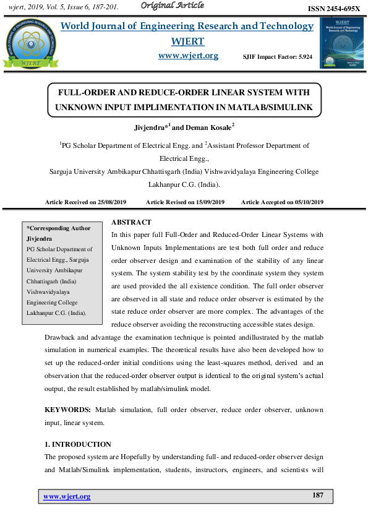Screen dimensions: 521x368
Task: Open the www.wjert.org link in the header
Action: click(x=188, y=56)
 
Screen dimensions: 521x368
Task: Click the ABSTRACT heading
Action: click(x=131, y=222)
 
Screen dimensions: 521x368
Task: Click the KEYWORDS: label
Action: click(x=68, y=410)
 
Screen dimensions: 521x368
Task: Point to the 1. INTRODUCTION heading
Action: click(x=78, y=444)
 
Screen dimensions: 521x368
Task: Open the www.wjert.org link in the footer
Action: click(x=67, y=496)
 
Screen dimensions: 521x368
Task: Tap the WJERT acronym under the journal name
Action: click(x=188, y=41)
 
